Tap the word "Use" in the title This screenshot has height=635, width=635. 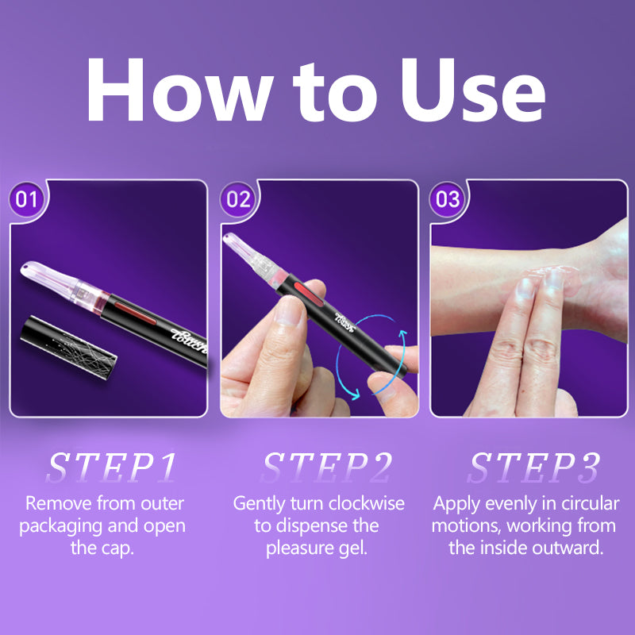pos(473,90)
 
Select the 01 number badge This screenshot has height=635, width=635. pos(26,199)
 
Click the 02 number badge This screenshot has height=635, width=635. pos(238,199)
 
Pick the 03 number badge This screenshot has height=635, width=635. pos(447,199)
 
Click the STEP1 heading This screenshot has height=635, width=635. pos(112,468)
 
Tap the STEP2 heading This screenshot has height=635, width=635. pos(327,468)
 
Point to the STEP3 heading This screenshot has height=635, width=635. pos(533,468)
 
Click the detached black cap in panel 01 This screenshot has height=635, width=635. pos(68,347)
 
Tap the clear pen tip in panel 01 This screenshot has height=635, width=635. pos(62,283)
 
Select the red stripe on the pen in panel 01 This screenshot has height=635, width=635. pos(135,313)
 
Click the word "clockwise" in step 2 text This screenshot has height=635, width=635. pos(367,503)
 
